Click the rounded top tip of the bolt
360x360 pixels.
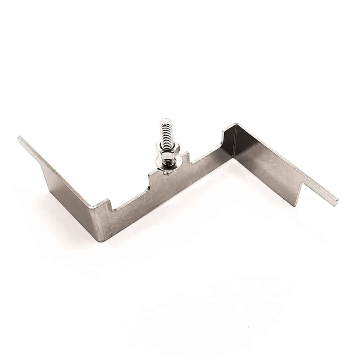[163, 122]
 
